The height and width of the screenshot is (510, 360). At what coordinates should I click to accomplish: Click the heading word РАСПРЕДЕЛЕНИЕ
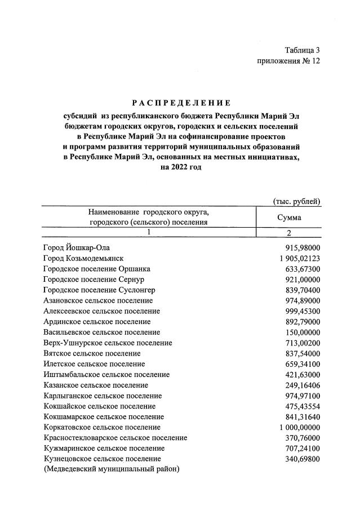coord(181,103)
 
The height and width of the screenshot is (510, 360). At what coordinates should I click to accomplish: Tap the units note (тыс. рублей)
coord(297,201)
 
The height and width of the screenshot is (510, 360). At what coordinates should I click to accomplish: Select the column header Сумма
coord(289,217)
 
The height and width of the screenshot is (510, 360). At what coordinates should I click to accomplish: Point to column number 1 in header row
coord(149,232)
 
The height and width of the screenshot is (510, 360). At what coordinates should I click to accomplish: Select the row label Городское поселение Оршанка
coord(97,269)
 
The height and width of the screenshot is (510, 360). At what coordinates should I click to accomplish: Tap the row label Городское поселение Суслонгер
coord(99,290)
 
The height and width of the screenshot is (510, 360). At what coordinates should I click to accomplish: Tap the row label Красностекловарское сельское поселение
coord(115,438)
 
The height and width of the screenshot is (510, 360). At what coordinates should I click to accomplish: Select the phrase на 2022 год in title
coord(181,167)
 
